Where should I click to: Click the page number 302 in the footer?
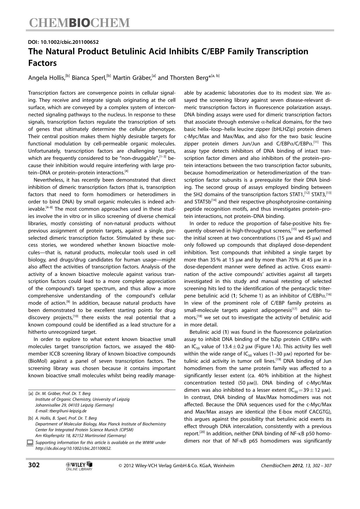[x=34, y=465]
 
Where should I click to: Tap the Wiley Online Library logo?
[x=79, y=465]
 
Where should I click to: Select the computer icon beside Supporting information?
[x=30, y=443]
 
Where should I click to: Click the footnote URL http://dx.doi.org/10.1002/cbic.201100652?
[x=73, y=448]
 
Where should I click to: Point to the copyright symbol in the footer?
[x=120, y=466]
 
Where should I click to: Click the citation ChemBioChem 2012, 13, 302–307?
[x=296, y=465]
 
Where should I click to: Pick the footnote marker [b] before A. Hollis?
[x=30, y=418]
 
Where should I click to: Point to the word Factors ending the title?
[x=42, y=63]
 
